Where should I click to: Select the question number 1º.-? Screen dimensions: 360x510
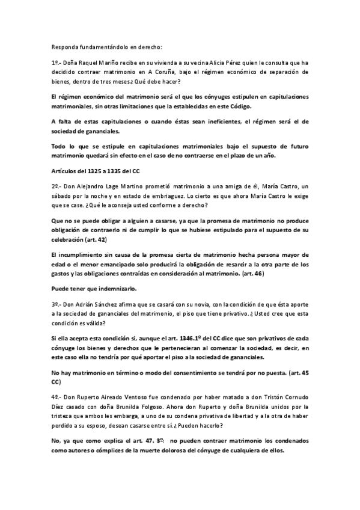pos(57,63)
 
